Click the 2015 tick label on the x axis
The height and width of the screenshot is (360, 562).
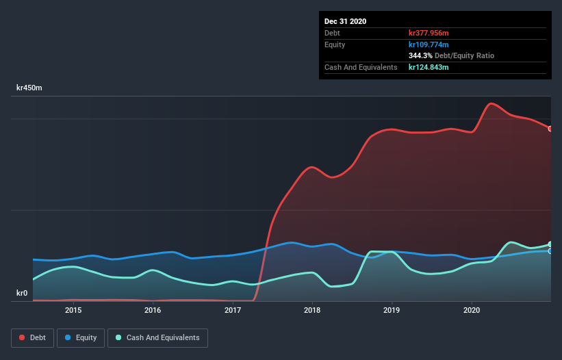(x=73, y=310)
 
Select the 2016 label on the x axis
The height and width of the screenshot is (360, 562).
(x=153, y=310)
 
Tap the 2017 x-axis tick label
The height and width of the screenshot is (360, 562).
(x=233, y=310)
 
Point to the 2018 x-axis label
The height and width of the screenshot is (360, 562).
(x=312, y=310)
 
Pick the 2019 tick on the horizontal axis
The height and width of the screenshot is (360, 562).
(x=392, y=310)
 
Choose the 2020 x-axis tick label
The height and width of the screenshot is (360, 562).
(x=472, y=310)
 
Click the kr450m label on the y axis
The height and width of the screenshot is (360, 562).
(x=29, y=88)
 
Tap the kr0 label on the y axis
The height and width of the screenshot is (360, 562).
(x=22, y=294)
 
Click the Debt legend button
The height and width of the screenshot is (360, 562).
(x=31, y=337)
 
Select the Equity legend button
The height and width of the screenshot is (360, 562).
(x=81, y=337)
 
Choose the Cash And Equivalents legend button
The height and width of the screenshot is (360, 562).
(x=157, y=337)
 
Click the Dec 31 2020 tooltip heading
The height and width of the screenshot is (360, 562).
(x=345, y=21)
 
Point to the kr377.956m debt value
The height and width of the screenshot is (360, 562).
(x=429, y=33)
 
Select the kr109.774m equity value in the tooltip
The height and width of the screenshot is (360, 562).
(x=429, y=44)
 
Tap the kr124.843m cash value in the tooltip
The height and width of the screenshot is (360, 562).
(x=429, y=67)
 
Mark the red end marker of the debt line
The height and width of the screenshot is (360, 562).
(x=550, y=129)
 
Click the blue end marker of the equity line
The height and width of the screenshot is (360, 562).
(x=550, y=251)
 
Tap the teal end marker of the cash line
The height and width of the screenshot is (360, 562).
(x=550, y=244)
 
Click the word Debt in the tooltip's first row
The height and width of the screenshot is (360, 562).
(x=333, y=33)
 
